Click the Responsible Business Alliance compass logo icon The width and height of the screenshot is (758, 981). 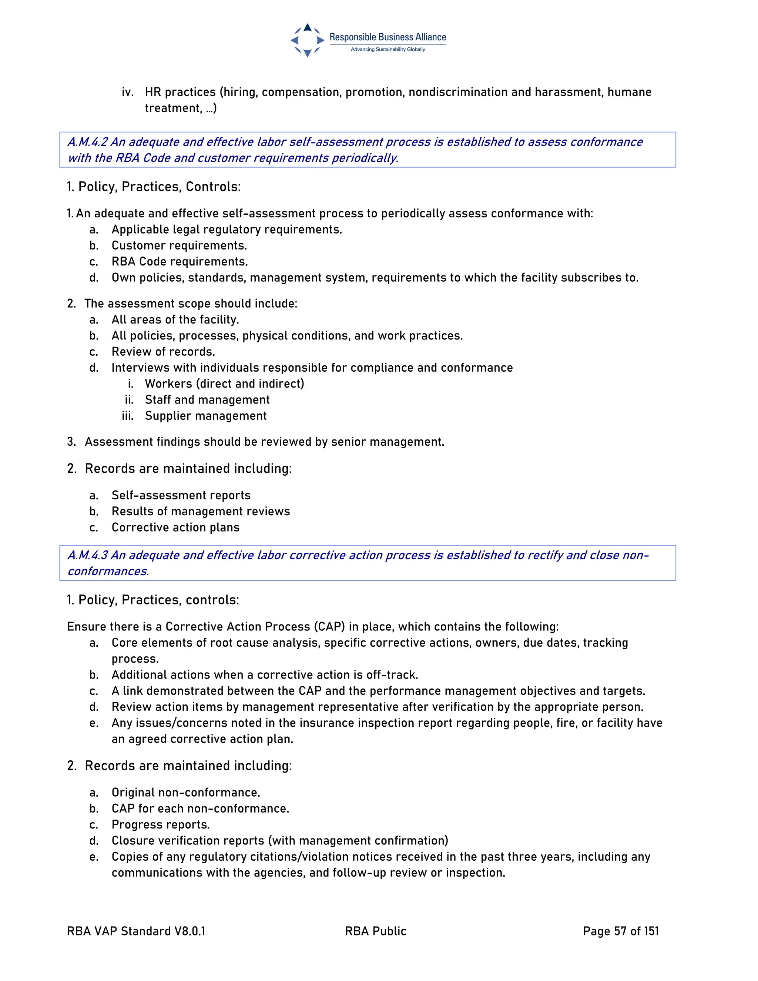tap(307, 40)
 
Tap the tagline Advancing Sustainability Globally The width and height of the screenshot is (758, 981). tap(388, 49)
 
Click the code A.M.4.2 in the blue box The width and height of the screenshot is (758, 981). tap(88, 142)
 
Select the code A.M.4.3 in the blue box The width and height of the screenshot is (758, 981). tap(88, 555)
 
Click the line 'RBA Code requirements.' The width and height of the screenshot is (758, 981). tap(180, 262)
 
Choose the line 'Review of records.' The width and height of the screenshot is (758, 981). tap(164, 352)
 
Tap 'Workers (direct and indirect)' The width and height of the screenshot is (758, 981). tap(225, 384)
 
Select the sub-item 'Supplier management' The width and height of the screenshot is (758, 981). tap(206, 416)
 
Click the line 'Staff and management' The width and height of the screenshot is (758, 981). tap(207, 400)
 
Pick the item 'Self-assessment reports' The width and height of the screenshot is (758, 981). tap(181, 495)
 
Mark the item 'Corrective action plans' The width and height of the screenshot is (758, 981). tap(175, 527)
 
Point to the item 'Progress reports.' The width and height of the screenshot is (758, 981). tap(161, 825)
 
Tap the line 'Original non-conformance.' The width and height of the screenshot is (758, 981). tap(186, 792)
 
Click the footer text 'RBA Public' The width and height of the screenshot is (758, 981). tap(375, 931)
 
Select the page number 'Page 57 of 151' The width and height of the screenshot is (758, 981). tap(621, 931)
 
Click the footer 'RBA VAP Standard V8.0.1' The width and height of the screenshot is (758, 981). tap(136, 931)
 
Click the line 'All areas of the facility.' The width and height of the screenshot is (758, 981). tap(175, 320)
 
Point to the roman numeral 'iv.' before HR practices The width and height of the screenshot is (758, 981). tap(128, 92)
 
